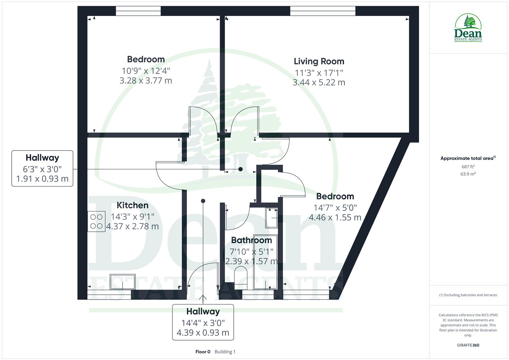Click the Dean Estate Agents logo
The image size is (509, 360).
tap(468, 28)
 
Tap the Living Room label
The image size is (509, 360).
tap(319, 61)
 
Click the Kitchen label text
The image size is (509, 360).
tap(132, 205)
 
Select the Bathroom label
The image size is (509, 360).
tap(251, 240)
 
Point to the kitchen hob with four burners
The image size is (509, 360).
tap(97, 221)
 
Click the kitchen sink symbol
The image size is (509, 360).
tap(123, 282)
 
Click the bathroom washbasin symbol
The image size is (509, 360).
tap(271, 218)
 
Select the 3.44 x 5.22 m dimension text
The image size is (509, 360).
tap(319, 82)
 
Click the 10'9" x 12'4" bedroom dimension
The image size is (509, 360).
tap(146, 71)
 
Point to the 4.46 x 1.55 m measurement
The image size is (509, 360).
tap(335, 218)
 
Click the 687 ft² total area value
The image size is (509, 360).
tap(468, 167)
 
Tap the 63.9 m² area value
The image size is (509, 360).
tap(468, 174)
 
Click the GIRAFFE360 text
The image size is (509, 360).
tap(468, 345)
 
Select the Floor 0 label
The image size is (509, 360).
tap(203, 352)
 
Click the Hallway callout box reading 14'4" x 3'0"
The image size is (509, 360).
tap(203, 322)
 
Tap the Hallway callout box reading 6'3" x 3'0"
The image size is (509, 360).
tap(42, 168)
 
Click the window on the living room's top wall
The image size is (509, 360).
tap(323, 11)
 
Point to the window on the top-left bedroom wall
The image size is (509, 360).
tap(138, 11)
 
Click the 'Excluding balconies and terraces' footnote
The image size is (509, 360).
tap(468, 295)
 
